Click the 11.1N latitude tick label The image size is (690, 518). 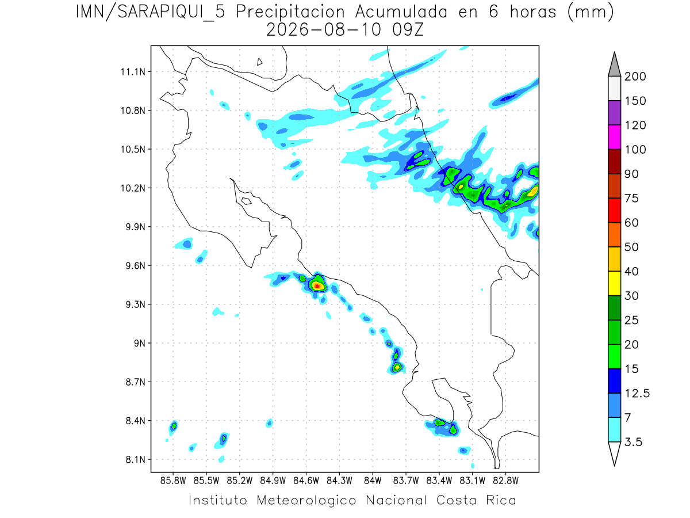[133, 72]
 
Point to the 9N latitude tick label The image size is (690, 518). [140, 343]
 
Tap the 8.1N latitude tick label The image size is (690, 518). [136, 459]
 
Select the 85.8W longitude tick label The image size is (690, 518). [173, 481]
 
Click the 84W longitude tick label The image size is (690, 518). [373, 481]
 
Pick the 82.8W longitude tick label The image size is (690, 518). [505, 481]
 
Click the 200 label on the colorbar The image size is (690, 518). [635, 77]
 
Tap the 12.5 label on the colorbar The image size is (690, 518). [637, 394]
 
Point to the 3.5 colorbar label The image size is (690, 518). [633, 442]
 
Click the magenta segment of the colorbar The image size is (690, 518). [614, 137]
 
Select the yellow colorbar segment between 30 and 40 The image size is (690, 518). [614, 283]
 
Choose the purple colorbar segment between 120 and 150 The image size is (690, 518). [614, 113]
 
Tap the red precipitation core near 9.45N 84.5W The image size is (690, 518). [317, 286]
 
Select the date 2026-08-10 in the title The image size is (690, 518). [324, 30]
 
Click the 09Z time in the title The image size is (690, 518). [408, 30]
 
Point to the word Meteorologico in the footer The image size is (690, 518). [306, 501]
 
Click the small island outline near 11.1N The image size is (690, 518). [259, 62]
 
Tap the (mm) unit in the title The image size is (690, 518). [591, 13]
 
